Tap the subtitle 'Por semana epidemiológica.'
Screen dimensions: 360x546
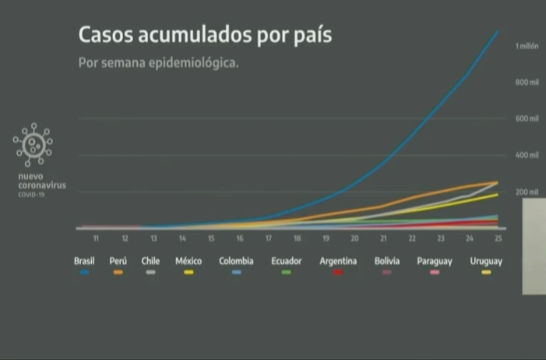(x=158, y=62)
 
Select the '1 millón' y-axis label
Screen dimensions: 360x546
(x=527, y=47)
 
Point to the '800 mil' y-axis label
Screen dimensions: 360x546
(x=527, y=82)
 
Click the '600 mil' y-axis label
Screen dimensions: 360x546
(x=527, y=118)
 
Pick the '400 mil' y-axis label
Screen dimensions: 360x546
(x=527, y=155)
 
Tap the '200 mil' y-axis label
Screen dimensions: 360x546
(x=527, y=191)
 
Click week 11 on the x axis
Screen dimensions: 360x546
(x=96, y=238)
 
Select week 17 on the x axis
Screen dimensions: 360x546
(x=269, y=238)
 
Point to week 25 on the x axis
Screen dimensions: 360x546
(x=498, y=238)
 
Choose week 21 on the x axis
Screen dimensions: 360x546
(x=383, y=238)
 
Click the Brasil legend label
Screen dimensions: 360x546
(x=84, y=261)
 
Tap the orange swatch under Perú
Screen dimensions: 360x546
(x=118, y=272)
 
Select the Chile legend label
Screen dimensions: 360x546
(x=150, y=261)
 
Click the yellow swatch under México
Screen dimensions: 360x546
(x=188, y=272)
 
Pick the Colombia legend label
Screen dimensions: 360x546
(x=235, y=261)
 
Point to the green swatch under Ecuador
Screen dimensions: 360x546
(x=287, y=272)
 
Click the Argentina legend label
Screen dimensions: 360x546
(x=338, y=261)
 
